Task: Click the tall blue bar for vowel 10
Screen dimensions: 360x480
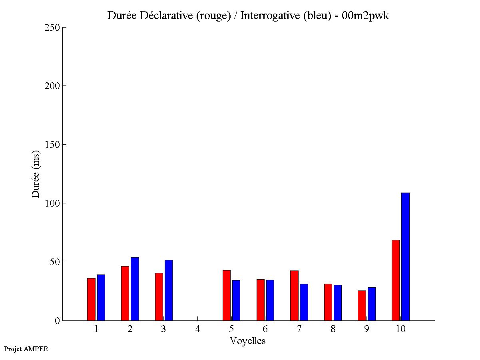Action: point(405,257)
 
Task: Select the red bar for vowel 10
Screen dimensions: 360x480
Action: point(395,280)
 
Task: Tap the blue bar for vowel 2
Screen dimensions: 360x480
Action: point(135,289)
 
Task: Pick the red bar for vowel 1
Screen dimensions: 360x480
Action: point(91,299)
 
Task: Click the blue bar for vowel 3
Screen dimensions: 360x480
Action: point(168,290)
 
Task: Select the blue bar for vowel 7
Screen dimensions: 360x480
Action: point(304,302)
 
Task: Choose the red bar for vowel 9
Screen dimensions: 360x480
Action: point(362,305)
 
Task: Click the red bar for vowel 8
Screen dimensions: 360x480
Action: point(328,302)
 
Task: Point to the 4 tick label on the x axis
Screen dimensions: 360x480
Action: point(197,329)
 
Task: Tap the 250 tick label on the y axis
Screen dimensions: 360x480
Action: point(52,28)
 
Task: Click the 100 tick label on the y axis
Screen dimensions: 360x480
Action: point(52,203)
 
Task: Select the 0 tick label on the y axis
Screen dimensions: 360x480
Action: point(57,321)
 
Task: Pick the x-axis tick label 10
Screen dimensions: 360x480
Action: point(400,329)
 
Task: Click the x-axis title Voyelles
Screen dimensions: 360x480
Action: point(248,341)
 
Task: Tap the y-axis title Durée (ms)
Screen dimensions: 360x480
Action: point(36,174)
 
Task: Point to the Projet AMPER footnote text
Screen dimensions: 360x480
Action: point(26,349)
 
